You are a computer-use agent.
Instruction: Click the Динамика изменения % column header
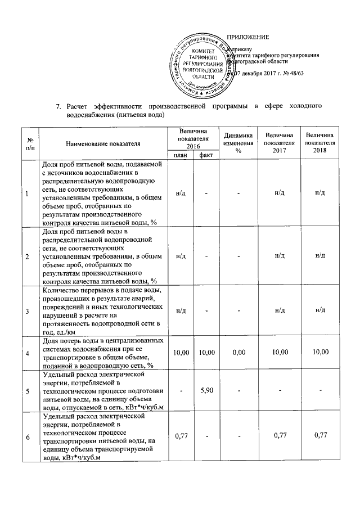click(x=238, y=143)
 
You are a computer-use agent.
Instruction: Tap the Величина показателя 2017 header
click(x=279, y=143)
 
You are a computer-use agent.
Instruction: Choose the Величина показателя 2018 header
click(x=319, y=143)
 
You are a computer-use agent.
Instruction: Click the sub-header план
click(x=181, y=155)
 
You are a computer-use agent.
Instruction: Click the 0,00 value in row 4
click(x=238, y=352)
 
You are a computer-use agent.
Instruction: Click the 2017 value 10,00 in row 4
click(x=279, y=352)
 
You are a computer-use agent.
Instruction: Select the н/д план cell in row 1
click(x=181, y=193)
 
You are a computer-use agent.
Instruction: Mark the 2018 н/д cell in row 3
click(x=319, y=310)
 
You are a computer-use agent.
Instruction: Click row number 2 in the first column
click(x=26, y=256)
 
